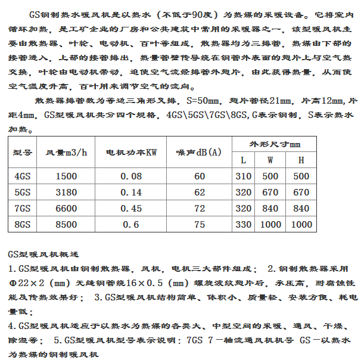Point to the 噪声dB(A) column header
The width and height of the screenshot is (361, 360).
pos(199,152)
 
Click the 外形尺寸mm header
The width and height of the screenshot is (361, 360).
pos(275,144)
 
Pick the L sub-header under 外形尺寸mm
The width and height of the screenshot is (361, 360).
pos(243,160)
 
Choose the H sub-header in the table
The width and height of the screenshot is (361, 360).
pos(301,160)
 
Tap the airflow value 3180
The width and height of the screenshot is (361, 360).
pos(66,193)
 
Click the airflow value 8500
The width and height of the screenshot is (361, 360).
pos(66,225)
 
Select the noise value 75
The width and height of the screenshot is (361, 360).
pos(199,225)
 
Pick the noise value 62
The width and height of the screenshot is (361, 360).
pos(199,193)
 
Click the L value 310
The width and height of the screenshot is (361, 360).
pos(243,176)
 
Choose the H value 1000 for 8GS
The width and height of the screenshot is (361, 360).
pos(301,225)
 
